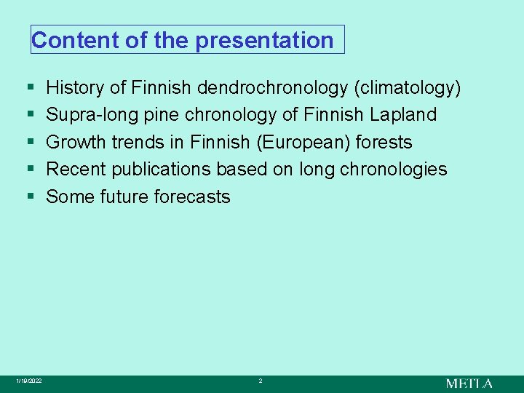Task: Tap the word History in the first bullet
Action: click(75, 88)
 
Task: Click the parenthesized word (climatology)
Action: click(407, 88)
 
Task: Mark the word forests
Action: click(384, 142)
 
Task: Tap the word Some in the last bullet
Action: click(71, 196)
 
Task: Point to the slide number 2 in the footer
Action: click(260, 381)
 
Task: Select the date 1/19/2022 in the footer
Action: click(29, 381)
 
